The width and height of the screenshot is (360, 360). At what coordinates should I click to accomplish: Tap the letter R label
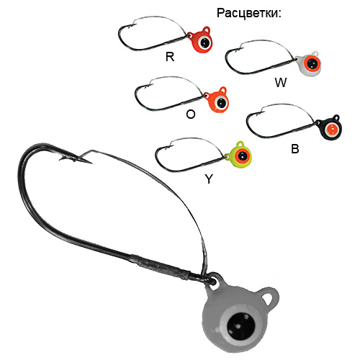(x=170, y=57)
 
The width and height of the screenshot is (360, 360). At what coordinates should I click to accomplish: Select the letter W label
(x=281, y=83)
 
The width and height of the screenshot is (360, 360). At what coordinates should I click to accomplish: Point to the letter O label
(x=191, y=114)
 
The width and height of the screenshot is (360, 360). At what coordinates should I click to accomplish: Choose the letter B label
(x=295, y=149)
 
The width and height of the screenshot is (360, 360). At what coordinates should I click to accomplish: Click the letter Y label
(x=209, y=179)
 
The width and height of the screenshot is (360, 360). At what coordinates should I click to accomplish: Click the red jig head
(x=200, y=40)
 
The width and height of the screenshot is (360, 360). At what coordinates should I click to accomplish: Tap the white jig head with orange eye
(x=308, y=63)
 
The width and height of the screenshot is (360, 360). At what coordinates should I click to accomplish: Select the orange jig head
(x=217, y=100)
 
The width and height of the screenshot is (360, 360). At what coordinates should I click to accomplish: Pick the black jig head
(x=329, y=127)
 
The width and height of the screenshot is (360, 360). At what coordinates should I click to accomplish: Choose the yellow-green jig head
(x=238, y=155)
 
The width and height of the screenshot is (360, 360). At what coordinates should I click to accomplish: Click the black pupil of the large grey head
(x=240, y=326)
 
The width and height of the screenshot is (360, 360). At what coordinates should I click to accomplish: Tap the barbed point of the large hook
(x=91, y=163)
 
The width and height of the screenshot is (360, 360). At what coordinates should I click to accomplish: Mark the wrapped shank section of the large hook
(x=160, y=267)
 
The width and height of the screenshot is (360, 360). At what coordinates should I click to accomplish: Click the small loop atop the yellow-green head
(x=240, y=145)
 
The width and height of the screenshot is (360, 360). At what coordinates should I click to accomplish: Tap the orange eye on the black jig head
(x=332, y=130)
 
